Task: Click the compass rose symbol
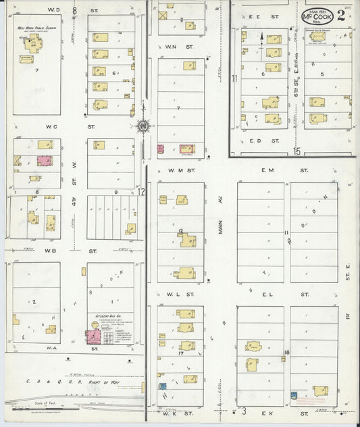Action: [x=143, y=125]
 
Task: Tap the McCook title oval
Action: [x=317, y=16]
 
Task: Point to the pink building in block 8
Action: [x=44, y=161]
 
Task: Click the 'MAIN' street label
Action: [x=220, y=229]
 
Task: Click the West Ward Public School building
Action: [x=32, y=45]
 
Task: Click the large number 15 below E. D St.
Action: [x=297, y=151]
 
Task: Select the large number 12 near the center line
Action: [x=143, y=191]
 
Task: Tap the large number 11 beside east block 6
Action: [x=234, y=78]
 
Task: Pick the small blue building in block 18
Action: [x=294, y=395]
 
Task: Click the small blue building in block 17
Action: [x=163, y=386]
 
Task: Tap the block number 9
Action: [x=116, y=193]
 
